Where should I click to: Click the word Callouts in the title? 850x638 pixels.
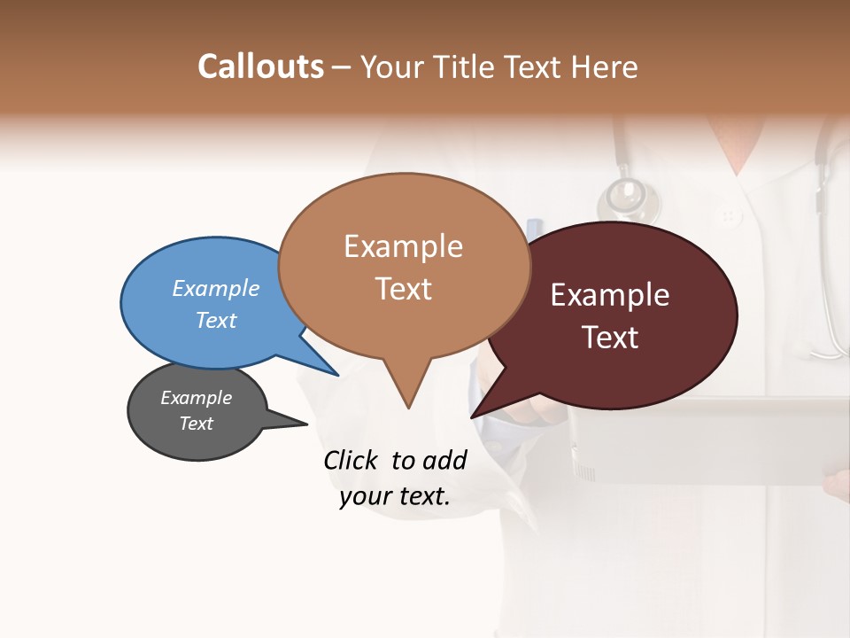coord(260,66)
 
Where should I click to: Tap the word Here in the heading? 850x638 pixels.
coord(605,66)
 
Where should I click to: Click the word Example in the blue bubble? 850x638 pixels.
coord(215,289)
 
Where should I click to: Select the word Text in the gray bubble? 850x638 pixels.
coord(197,424)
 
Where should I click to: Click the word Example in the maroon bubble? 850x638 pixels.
coord(610,295)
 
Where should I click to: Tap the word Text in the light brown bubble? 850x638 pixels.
coord(403,289)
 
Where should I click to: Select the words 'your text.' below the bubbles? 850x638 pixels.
coord(395,496)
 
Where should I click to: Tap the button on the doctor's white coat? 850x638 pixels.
coord(729,215)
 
